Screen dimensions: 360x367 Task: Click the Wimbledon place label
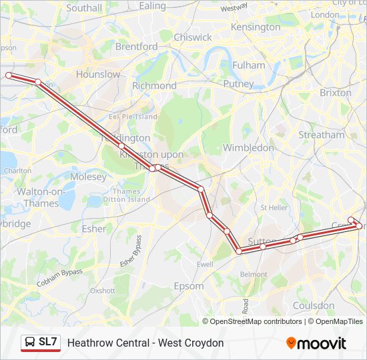[248, 147]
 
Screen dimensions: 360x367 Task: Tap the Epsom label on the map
[188, 286]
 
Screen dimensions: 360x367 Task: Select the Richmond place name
[154, 85]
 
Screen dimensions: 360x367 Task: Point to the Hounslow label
[98, 75]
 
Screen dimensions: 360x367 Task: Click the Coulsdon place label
[314, 305]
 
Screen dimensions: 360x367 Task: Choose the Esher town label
[93, 229]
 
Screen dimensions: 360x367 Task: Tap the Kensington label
[256, 27]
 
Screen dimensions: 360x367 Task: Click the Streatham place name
[322, 135]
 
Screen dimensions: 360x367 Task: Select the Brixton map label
[335, 93]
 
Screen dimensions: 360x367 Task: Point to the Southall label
[85, 9]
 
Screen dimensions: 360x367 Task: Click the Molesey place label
[88, 177]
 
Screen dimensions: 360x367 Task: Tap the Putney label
[238, 84]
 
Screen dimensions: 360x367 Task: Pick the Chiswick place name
[193, 37]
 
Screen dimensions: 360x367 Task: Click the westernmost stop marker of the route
[9, 75]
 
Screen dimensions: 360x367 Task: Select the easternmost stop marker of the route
[360, 226]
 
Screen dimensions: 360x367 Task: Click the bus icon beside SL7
[30, 343]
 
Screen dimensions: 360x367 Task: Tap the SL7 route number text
[48, 343]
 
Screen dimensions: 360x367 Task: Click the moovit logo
[316, 343]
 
